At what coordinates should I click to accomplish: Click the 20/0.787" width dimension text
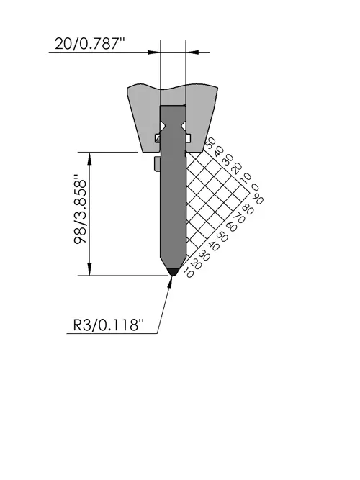(x=90, y=43)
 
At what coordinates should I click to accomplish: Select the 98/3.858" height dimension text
(x=81, y=209)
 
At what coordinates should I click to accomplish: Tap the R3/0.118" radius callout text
(x=109, y=325)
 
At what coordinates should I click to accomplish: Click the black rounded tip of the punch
(x=173, y=272)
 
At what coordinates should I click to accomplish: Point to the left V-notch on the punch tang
(x=163, y=125)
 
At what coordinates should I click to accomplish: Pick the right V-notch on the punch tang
(x=183, y=125)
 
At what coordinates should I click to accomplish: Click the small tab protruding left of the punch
(x=157, y=164)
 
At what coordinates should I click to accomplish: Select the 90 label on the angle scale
(x=258, y=199)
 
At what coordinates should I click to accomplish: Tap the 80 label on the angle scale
(x=248, y=209)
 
